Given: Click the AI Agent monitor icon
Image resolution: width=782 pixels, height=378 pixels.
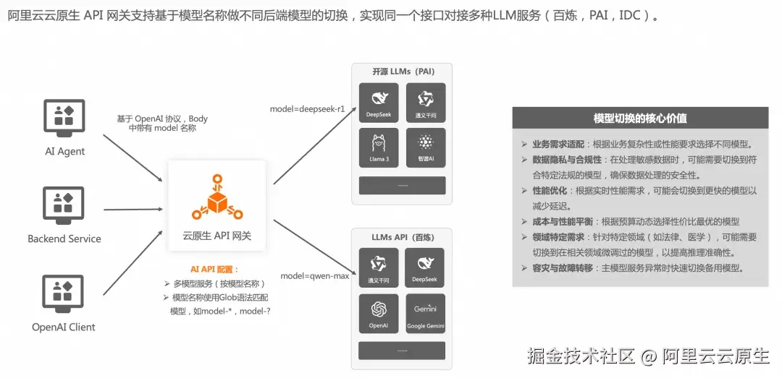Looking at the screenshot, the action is (64, 119).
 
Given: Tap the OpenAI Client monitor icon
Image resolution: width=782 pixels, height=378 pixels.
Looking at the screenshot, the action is (64, 294).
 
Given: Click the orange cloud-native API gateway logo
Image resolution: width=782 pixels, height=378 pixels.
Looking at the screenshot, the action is (216, 197).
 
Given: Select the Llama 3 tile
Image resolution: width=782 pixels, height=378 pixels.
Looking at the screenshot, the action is (379, 147).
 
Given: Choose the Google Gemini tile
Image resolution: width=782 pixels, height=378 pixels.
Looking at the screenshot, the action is (425, 313).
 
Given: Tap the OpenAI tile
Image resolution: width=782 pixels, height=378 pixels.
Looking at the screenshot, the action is (379, 313).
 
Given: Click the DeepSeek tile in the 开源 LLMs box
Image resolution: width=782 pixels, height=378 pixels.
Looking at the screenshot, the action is (379, 103).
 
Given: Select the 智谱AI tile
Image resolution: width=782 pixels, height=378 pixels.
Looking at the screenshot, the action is (425, 147).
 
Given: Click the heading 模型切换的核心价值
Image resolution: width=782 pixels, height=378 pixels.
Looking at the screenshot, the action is (640, 118).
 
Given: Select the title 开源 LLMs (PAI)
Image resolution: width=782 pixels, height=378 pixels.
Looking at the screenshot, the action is (403, 72).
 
